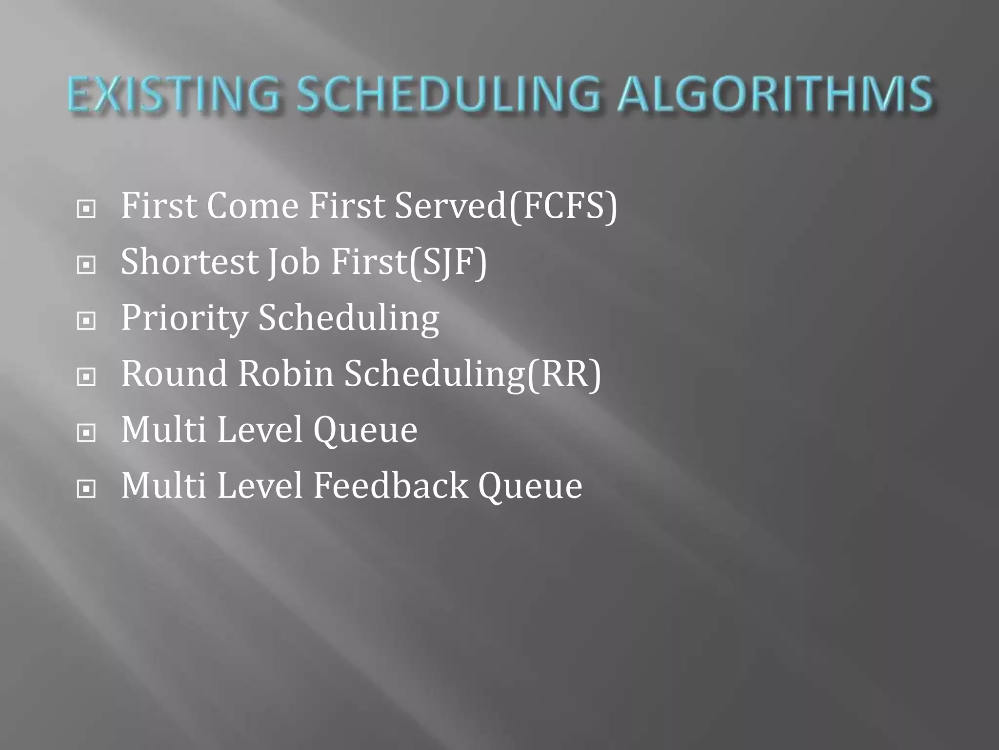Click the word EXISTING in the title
click(174, 94)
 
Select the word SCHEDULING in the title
click(448, 94)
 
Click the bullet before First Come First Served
click(86, 209)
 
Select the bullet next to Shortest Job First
click(86, 265)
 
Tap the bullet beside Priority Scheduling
click(86, 321)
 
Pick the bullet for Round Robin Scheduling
click(86, 376)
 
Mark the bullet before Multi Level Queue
click(86, 433)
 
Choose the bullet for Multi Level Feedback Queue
click(86, 488)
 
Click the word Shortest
click(189, 262)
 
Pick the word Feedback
click(390, 485)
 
